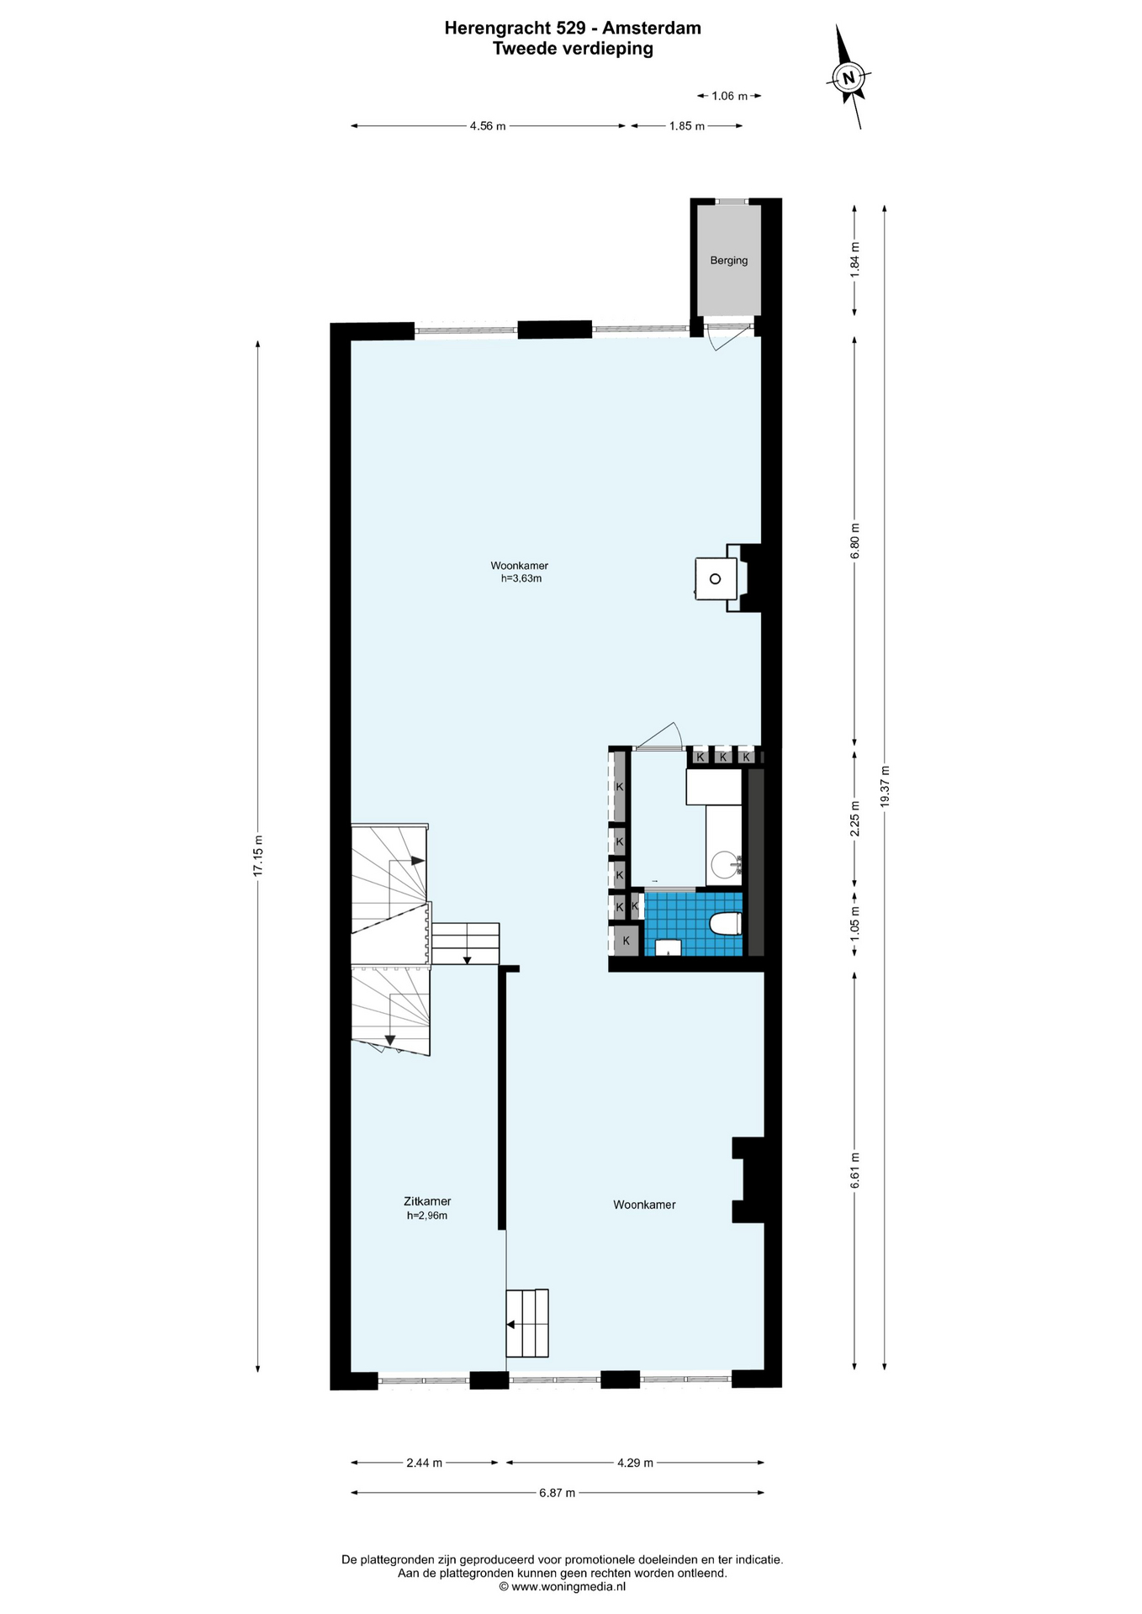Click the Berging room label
coord(728,261)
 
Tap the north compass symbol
coord(849,78)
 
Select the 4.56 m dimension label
coord(488,126)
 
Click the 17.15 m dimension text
coord(258,856)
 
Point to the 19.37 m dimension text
coord(885,786)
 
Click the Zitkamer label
coord(427,1201)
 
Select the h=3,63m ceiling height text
coord(521,578)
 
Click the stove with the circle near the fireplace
coord(715,578)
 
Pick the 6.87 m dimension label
coord(558,1493)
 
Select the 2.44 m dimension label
coord(424,1463)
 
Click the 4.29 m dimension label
coord(635,1463)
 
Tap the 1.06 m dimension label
coord(729,96)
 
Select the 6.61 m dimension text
coord(854,1169)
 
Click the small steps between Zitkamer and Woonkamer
coord(527,1323)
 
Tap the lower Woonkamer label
coord(644,1205)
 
